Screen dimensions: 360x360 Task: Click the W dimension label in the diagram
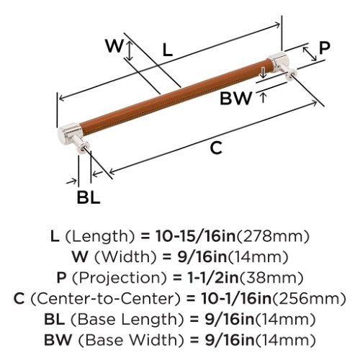tap(114, 46)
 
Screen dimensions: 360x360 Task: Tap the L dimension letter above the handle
tap(167, 50)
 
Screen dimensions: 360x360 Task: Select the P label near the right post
tap(325, 48)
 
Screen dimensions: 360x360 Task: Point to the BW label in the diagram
tap(236, 98)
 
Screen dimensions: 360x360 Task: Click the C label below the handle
tap(216, 148)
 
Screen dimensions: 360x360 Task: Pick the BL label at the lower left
tap(88, 197)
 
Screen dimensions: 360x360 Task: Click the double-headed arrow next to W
tap(130, 50)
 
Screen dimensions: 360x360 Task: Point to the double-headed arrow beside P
tap(310, 54)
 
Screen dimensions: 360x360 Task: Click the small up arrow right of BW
tap(264, 98)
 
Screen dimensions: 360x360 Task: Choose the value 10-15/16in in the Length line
tap(196, 236)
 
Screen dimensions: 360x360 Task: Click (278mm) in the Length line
tap(273, 236)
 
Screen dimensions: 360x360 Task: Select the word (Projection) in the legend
tap(120, 278)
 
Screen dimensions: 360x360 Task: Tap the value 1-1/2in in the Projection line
tap(212, 278)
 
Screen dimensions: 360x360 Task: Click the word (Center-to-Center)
tap(105, 299)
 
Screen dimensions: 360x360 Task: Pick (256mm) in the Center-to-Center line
tap(309, 299)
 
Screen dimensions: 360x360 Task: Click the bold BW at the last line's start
tap(58, 340)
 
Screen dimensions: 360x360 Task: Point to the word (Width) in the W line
tap(125, 257)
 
